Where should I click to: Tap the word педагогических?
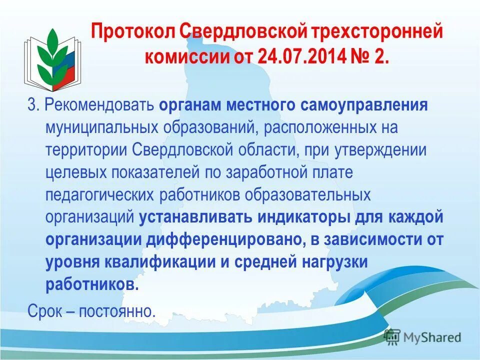click(x=100, y=195)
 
